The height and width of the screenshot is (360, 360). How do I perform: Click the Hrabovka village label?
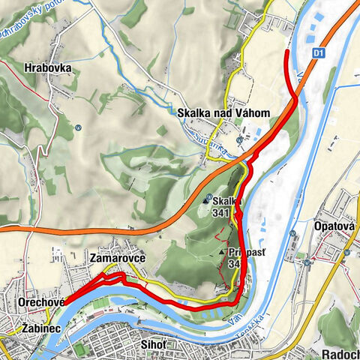tap(47, 67)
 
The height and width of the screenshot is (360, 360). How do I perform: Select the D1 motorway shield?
tap(319, 53)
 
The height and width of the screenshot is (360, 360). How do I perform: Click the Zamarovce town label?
tap(116, 258)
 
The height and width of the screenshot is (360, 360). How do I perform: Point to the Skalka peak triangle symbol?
tap(206, 201)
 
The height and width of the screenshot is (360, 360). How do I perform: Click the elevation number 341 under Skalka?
tap(220, 213)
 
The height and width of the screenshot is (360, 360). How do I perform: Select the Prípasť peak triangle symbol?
tap(222, 253)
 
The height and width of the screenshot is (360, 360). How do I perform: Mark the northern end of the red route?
tap(287, 51)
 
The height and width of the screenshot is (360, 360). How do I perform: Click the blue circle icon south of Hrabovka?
tap(78, 127)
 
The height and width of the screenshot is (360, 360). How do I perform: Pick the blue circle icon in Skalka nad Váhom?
tap(239, 140)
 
